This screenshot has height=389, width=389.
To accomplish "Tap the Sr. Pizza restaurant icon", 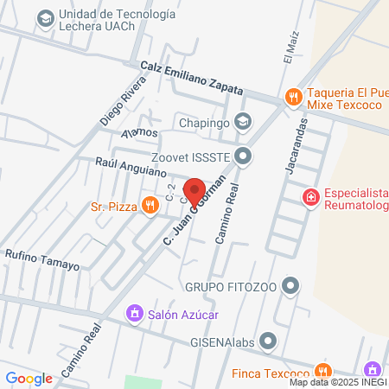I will pyautogui.click(x=150, y=205).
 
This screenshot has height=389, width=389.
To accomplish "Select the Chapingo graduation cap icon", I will pyautogui.click(x=244, y=122).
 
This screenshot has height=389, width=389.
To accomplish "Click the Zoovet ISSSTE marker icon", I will pyautogui.click(x=244, y=156).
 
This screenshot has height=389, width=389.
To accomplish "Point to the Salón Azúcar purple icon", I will pyautogui.click(x=134, y=312).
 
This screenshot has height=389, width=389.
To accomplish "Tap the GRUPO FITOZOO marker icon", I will pyautogui.click(x=291, y=284).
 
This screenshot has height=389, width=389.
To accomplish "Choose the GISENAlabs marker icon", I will pyautogui.click(x=269, y=340).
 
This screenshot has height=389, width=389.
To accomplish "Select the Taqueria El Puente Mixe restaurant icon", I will pyautogui.click(x=293, y=97).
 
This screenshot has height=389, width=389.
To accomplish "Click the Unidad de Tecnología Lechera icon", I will pyautogui.click(x=45, y=17).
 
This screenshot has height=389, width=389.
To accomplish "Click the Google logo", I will pyautogui.click(x=29, y=378).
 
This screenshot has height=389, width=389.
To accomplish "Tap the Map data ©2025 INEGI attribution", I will pyautogui.click(x=338, y=382).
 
